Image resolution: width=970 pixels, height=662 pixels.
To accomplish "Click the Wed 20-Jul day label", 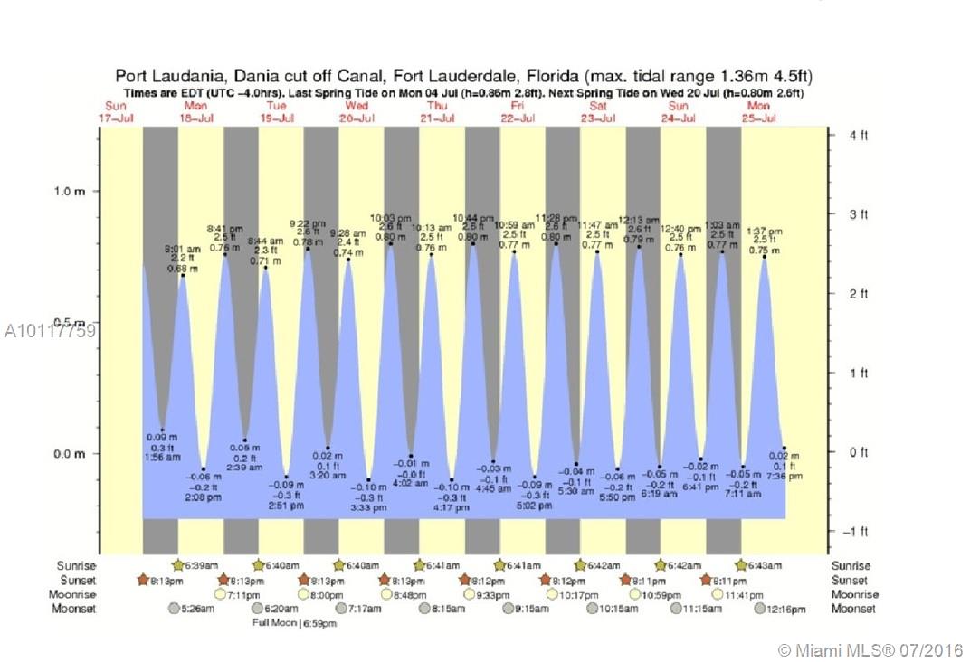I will pos(357,111).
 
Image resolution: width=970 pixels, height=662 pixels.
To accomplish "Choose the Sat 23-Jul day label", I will pos(598,111).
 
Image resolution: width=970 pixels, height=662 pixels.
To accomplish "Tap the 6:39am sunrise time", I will pos(197,566).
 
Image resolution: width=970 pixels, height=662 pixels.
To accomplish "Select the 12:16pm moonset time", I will pos(785,610).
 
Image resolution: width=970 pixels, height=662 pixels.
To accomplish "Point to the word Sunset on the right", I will pos(850,581).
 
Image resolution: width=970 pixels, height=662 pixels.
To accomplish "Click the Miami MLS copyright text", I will pos(870,650).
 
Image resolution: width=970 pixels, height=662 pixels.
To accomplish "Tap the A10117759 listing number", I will pos(49,330).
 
